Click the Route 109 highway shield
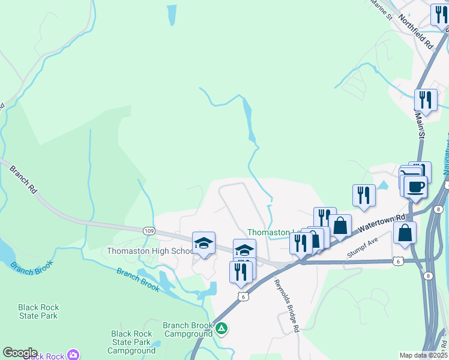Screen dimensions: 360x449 point(149,231)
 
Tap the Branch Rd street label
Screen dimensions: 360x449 point(23,179)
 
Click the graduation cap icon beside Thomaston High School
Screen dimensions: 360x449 point(203,243)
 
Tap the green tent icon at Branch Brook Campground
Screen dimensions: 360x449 point(221,328)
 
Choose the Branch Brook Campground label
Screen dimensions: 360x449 point(188,329)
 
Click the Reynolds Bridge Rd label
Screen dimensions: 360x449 point(287,306)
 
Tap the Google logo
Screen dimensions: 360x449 point(20,353)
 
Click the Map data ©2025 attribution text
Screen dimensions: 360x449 point(423,355)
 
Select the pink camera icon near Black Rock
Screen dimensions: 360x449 point(73,355)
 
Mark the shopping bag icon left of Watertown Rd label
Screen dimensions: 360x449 point(340,226)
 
